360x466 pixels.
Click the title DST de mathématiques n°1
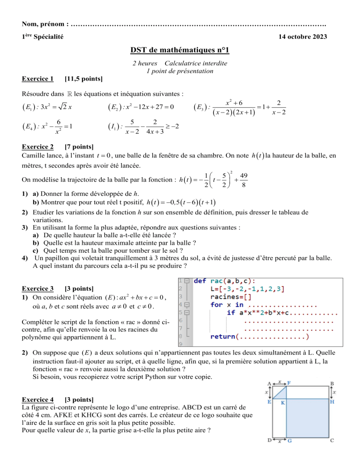(180, 49)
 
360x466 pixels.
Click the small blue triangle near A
(279, 392)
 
